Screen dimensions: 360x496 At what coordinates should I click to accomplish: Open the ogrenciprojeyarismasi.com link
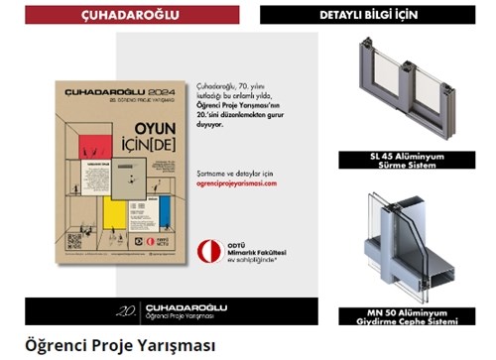tap(236, 183)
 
